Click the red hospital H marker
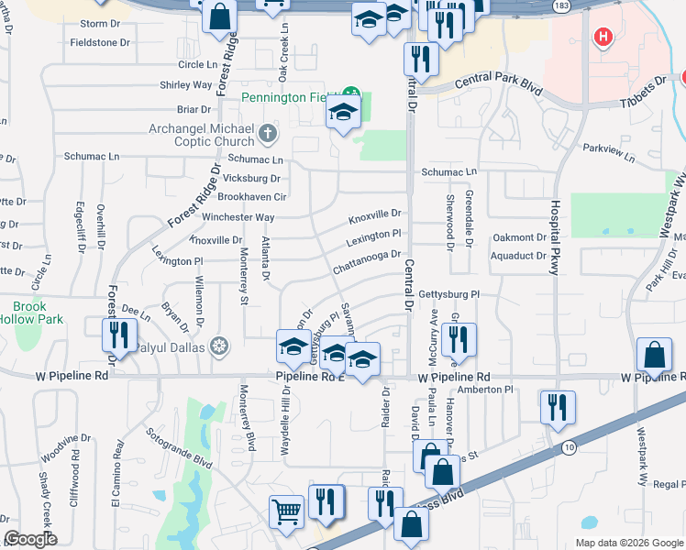coord(603,38)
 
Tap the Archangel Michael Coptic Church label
coord(202,135)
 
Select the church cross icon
coord(268,135)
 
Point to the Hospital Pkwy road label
coord(555,236)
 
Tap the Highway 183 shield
coord(559,5)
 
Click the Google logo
coord(30,539)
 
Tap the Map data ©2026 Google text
coord(629,543)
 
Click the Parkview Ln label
coord(608,151)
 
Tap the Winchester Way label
coord(238,217)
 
